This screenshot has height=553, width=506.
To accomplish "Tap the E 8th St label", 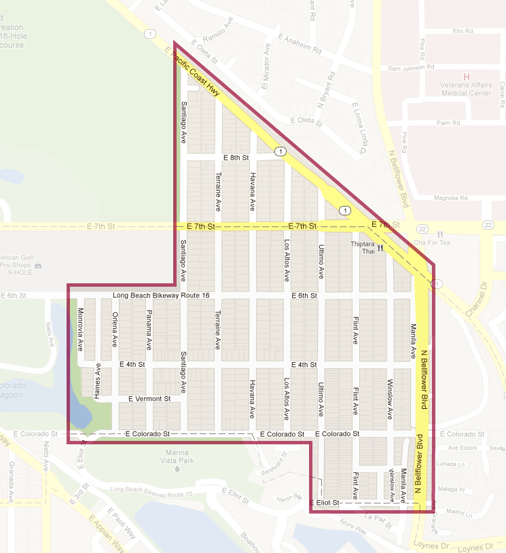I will pyautogui.click(x=236, y=158).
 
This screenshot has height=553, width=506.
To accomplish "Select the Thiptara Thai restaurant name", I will pyautogui.click(x=363, y=247).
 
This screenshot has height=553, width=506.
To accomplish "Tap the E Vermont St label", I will pyautogui.click(x=149, y=399).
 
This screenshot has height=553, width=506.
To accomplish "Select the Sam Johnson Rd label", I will pyautogui.click(x=410, y=68).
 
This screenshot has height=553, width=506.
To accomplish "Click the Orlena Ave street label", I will pyautogui.click(x=115, y=329).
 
